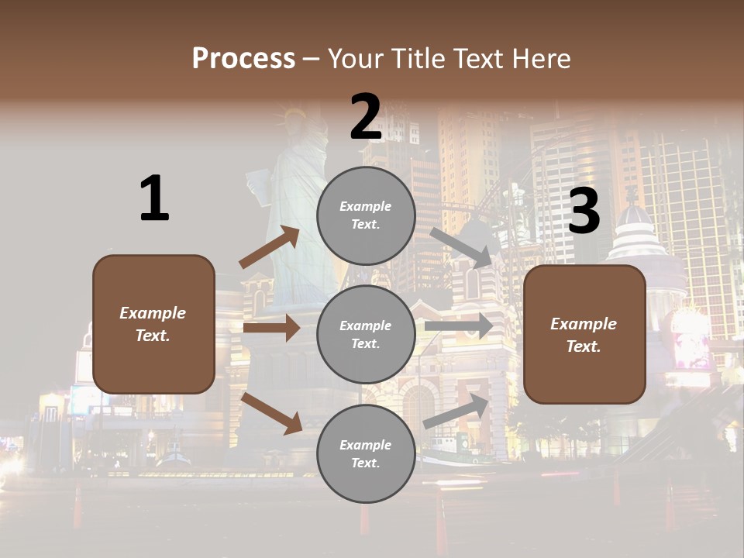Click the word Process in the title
coord(243,58)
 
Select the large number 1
coord(154,198)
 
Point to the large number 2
coord(366,117)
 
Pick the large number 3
coord(584,211)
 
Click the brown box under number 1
coord(153,324)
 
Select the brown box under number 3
coord(584,334)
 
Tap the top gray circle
coord(366,215)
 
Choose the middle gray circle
coord(366,334)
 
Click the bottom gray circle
coord(366,453)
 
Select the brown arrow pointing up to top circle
coord(270,247)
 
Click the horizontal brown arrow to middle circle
coord(271,328)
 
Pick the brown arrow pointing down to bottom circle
coord(271,412)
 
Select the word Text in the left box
coord(153,336)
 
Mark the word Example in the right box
coord(584,324)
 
